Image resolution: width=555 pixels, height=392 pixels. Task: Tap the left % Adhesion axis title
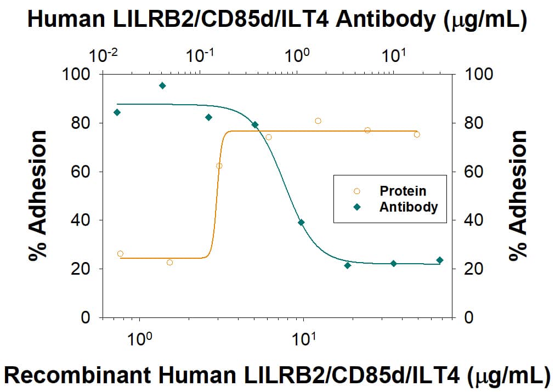coord(39,196)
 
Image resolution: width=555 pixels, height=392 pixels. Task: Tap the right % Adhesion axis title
coord(517,196)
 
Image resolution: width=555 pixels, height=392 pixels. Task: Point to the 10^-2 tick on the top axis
coord(103,55)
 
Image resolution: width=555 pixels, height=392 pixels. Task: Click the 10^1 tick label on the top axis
coord(393,55)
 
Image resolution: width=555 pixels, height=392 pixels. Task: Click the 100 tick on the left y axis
coord(80,74)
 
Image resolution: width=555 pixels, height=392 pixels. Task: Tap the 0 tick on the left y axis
coord(86,318)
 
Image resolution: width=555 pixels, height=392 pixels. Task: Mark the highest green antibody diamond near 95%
coord(162,86)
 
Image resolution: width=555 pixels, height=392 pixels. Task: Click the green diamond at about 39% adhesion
coord(301,222)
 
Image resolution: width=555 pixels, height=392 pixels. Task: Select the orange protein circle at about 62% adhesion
coord(219,166)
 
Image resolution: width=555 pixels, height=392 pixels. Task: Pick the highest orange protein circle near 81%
coord(318,121)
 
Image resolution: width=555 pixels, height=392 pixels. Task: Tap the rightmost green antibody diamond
coord(439,260)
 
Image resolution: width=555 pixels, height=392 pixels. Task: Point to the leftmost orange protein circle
coord(120,254)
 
